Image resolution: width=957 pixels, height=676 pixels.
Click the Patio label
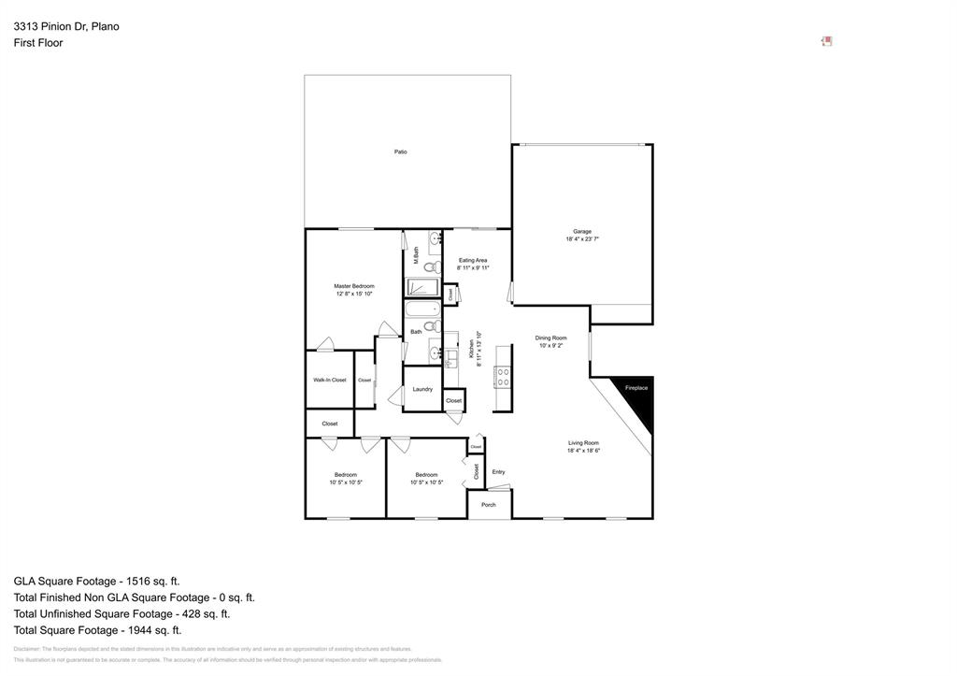coord(400,151)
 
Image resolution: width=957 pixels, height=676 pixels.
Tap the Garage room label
coord(582,231)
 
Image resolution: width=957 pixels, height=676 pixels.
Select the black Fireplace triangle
coord(637,398)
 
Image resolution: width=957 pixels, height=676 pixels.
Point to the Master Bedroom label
coord(354,286)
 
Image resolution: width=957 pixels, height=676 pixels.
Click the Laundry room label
coord(422,389)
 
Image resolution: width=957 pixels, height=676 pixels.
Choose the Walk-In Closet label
coord(330,380)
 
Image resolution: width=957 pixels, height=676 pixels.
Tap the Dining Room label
coord(550,338)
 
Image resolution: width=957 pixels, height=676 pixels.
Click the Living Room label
coord(583,443)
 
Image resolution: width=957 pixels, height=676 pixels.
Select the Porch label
coord(489,505)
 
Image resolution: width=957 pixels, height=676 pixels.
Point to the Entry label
coord(498,472)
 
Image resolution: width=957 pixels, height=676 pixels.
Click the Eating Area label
coord(473,260)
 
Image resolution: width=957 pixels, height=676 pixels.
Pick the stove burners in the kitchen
coord(503,377)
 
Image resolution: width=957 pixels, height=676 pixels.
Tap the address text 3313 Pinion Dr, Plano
coord(66,26)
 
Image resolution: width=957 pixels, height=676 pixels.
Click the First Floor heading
coord(38,43)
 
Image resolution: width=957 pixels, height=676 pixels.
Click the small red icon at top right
coord(826,41)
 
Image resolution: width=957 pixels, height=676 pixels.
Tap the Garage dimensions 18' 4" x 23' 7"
coord(582,239)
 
